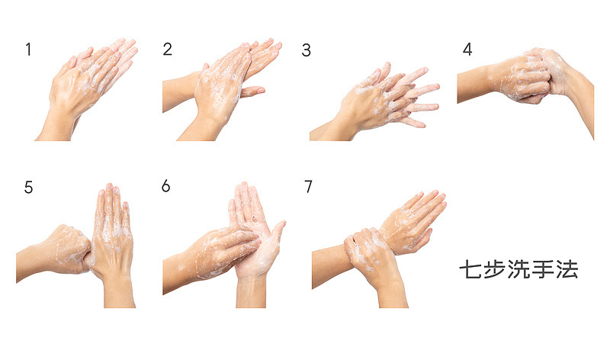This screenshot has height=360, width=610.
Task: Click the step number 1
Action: (28, 50)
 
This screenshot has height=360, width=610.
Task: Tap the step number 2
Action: (167, 49)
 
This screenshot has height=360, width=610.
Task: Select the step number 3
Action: (307, 50)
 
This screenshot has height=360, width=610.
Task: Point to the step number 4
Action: (467, 49)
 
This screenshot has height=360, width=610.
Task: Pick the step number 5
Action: (28, 187)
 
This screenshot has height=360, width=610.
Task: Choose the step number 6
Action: (165, 186)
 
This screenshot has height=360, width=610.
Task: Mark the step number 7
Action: (308, 186)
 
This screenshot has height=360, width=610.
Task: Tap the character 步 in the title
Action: (494, 269)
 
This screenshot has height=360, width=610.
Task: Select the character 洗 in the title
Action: (518, 269)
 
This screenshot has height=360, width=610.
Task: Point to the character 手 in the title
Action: (543, 269)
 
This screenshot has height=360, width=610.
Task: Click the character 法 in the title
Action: (567, 269)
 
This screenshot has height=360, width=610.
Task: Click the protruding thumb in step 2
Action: (253, 92)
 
